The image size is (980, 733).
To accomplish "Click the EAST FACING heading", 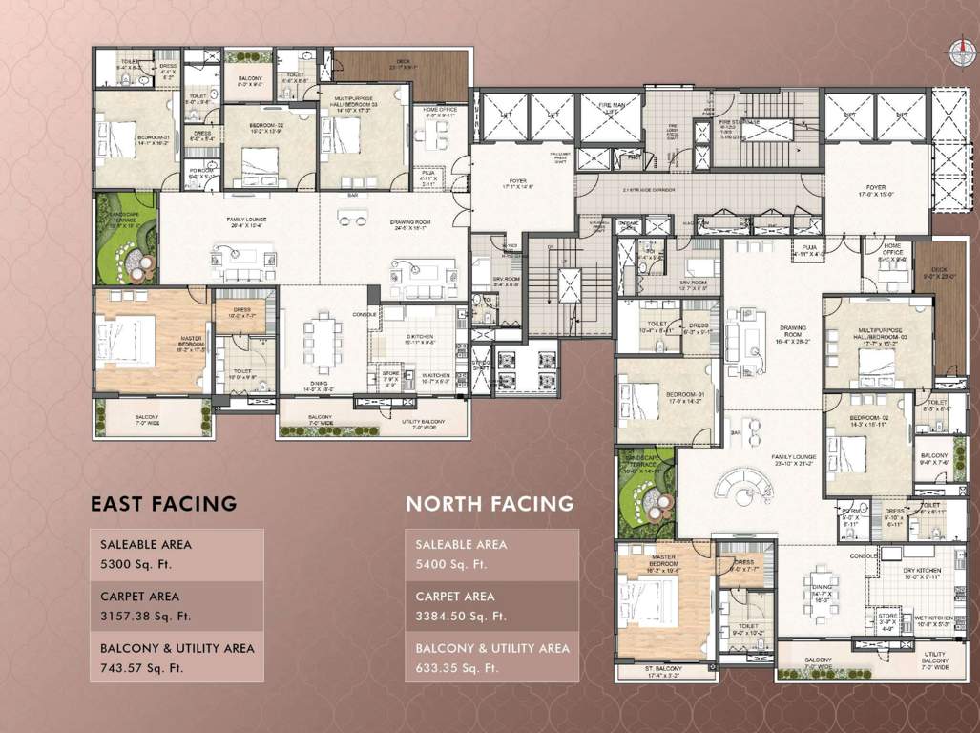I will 163,503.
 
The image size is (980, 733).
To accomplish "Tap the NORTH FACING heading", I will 490,503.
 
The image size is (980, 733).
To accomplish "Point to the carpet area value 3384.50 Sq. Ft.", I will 461,616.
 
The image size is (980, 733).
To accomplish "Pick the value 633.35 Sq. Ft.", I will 457,667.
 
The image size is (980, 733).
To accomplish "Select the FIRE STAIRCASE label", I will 739,123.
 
